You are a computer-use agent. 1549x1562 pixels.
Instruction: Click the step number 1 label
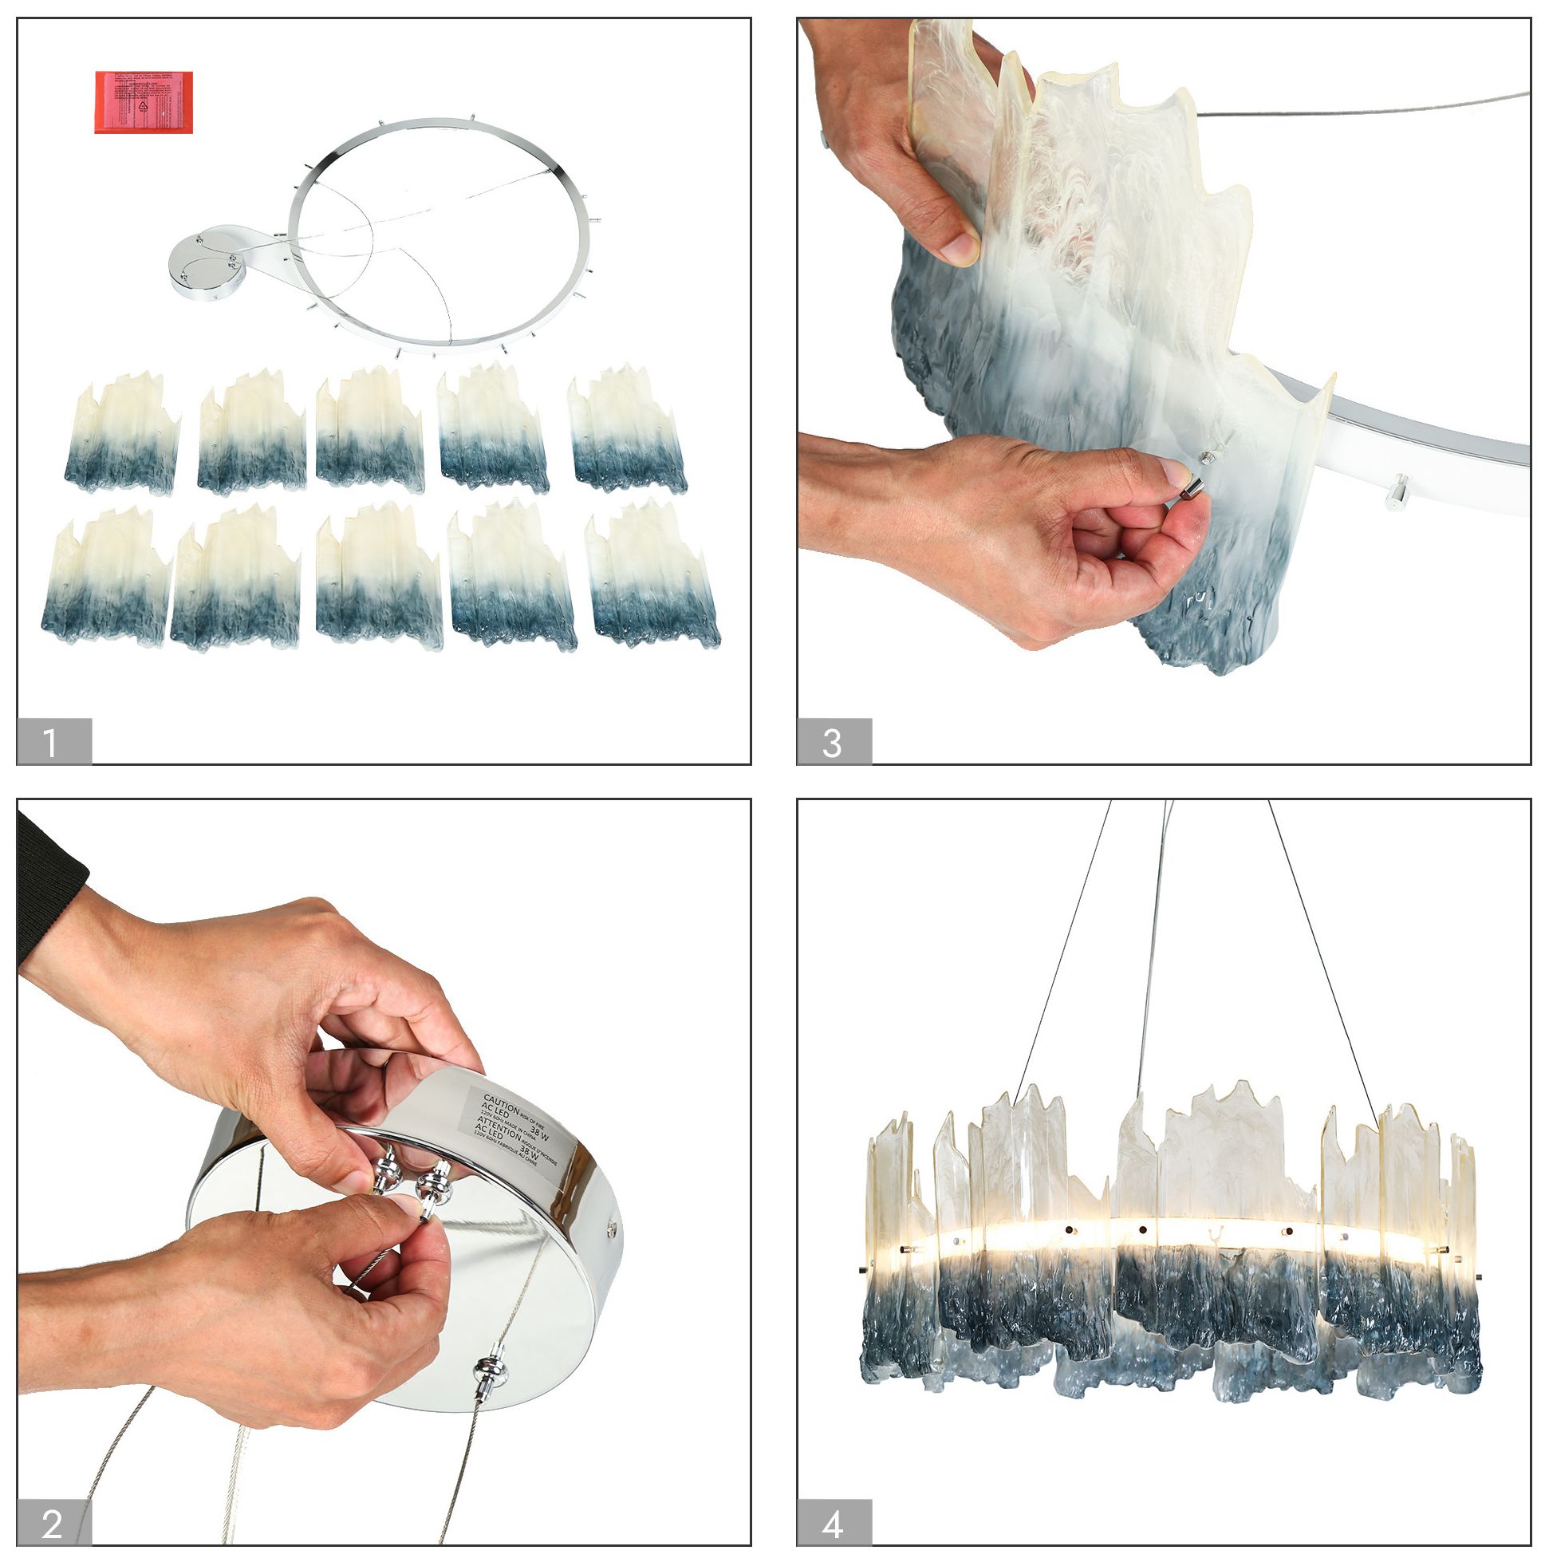(x=53, y=740)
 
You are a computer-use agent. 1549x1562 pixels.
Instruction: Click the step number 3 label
(x=834, y=740)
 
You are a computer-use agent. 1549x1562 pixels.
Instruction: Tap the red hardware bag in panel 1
(x=144, y=102)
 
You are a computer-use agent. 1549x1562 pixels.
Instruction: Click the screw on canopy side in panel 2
(x=612, y=1229)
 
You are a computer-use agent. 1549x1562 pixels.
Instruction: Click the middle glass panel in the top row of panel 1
(x=369, y=431)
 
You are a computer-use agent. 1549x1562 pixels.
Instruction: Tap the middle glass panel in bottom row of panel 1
(x=378, y=575)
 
